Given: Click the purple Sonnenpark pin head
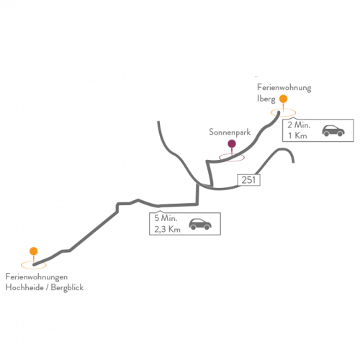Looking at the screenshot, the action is tap(232, 144).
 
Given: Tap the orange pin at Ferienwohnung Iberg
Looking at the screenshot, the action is tap(283, 99).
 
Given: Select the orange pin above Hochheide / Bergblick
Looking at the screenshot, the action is tap(34, 251).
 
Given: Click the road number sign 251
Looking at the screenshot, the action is tap(248, 180).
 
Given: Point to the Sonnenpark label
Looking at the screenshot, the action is tap(230, 132).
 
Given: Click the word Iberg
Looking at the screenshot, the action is tap(266, 99).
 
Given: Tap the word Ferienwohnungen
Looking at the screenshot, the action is tap(37, 277).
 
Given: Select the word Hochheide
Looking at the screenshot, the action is tap(24, 287).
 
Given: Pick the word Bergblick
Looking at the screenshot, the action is tap(67, 288).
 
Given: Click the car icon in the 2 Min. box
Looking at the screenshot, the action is tap(333, 131).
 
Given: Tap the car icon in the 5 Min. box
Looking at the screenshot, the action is tap(200, 224).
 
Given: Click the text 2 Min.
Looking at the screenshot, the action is tap(299, 125).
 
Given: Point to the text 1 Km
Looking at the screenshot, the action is tap(297, 135).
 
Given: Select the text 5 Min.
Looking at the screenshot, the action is tap(166, 218).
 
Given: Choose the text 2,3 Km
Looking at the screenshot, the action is tap(167, 230).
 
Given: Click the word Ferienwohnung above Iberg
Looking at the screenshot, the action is tap(284, 88).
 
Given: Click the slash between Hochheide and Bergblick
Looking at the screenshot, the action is tap(47, 287).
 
